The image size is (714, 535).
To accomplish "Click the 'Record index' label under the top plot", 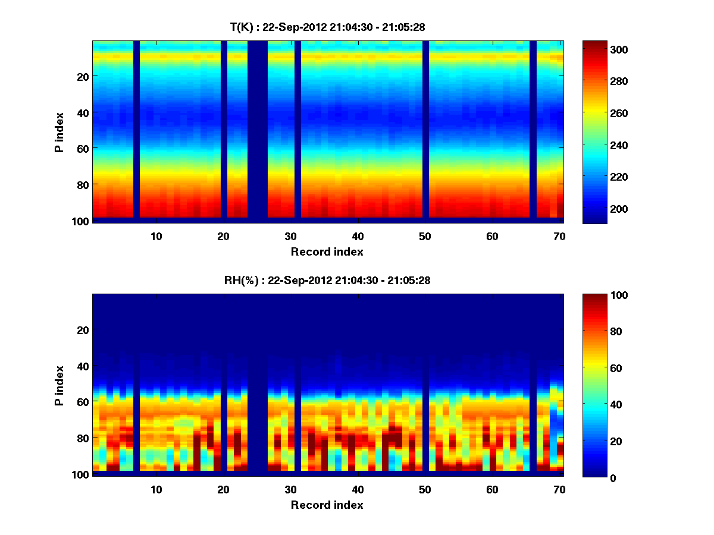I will [x=327, y=251].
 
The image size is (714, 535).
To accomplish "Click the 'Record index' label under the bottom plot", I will [x=327, y=505].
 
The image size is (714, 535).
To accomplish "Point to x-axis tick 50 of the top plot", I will [x=425, y=236].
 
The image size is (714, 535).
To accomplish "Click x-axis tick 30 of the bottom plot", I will [x=290, y=489].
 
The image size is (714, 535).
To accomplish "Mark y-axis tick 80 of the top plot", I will [x=82, y=184].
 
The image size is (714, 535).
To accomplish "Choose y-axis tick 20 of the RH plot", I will [x=82, y=330].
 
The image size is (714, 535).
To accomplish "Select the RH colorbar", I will [x=594, y=385].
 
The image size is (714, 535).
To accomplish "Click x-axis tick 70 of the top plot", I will [x=559, y=236].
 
